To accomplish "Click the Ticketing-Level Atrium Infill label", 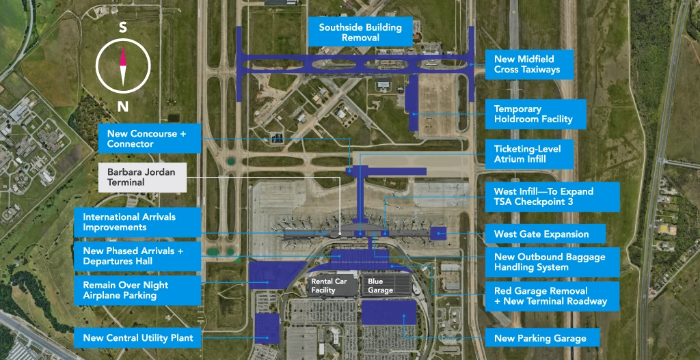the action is point(524,154).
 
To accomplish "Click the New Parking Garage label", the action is point(540,338).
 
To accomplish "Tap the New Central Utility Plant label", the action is point(138,337).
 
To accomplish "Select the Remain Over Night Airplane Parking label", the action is point(138,290).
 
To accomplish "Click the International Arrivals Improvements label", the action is point(138,222).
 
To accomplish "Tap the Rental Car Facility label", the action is point(331,286).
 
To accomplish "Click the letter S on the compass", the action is point(123,28).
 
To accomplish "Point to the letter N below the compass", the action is point(123,106).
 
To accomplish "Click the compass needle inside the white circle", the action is point(123,67).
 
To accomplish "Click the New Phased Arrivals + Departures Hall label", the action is point(138,256).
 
